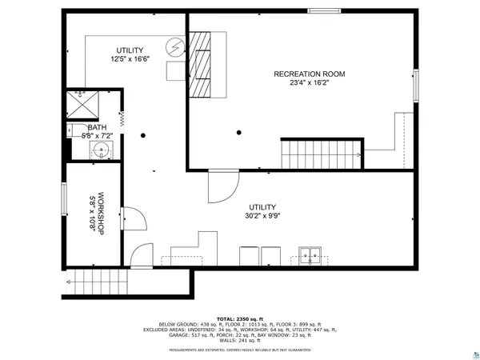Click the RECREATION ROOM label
(309, 74)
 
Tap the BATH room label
(96, 127)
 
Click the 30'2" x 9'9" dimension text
(263, 215)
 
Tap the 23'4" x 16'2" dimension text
(309, 82)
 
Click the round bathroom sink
(102, 150)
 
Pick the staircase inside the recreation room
(319, 150)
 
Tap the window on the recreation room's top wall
(322, 10)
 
